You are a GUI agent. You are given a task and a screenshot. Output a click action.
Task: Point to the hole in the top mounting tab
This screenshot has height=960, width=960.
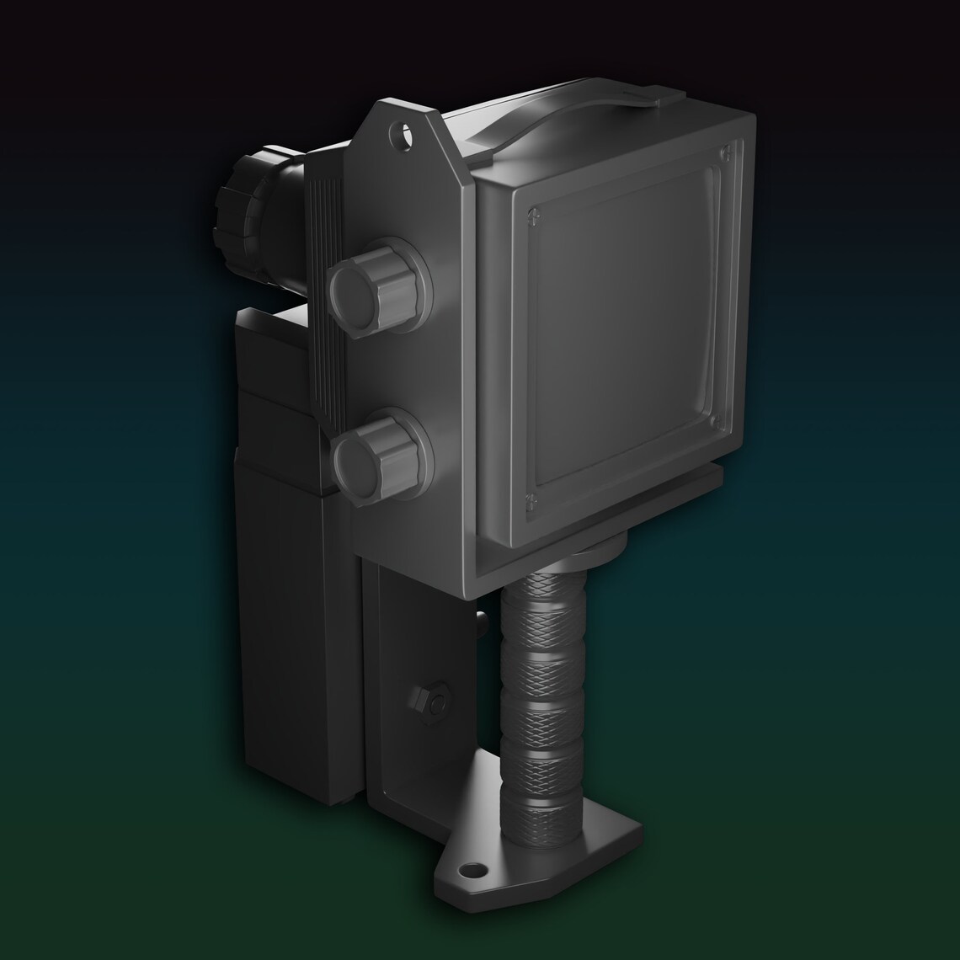pyautogui.click(x=405, y=132)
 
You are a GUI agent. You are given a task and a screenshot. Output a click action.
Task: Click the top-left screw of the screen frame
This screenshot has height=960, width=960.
pyautogui.click(x=531, y=215)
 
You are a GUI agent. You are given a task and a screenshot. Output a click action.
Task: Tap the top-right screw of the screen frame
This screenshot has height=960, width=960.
pyautogui.click(x=725, y=152)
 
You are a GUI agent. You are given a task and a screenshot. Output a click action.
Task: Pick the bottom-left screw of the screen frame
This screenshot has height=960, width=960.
pyautogui.click(x=530, y=503)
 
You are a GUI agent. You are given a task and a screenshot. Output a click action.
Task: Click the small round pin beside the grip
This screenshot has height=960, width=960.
pyautogui.click(x=482, y=621)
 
